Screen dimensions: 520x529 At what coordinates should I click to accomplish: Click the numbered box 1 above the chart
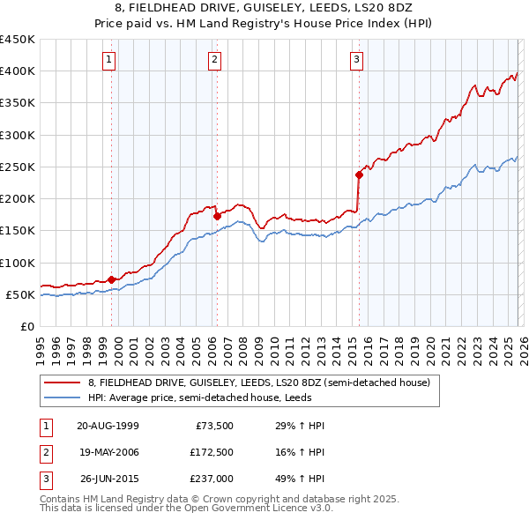click(108, 60)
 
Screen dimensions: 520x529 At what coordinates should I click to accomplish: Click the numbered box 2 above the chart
click(214, 60)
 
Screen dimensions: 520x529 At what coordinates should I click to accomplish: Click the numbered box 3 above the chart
click(356, 60)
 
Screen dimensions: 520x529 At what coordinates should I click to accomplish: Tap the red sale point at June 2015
click(359, 175)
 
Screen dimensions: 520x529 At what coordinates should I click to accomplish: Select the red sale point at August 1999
click(112, 279)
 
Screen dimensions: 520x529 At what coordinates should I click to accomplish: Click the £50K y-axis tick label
click(20, 294)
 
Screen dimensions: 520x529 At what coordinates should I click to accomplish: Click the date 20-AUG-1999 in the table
click(108, 426)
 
